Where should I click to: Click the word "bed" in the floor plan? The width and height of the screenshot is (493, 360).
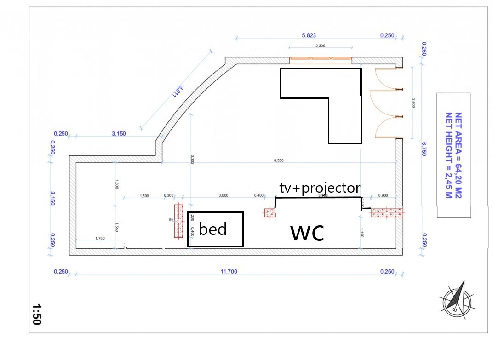pos(213,229)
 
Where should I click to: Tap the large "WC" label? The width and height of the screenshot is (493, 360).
pos(307,234)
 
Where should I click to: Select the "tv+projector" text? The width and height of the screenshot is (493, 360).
pos(320,188)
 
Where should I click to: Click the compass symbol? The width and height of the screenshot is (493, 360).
pos(457,302)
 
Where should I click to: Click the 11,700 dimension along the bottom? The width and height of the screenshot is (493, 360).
pos(229,272)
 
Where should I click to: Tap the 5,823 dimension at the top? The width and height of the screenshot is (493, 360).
pos(309,35)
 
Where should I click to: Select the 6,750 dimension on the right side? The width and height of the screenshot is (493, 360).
pos(424,149)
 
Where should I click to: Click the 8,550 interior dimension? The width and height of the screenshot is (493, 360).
pos(279,160)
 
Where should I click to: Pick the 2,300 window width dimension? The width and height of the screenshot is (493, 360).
pos(321,46)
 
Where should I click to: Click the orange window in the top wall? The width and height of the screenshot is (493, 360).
pos(320,58)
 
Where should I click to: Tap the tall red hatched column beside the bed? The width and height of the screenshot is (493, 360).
pos(178,221)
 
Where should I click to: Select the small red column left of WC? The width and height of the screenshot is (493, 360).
pos(269,212)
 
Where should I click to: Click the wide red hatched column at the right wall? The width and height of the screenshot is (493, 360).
pos(387,212)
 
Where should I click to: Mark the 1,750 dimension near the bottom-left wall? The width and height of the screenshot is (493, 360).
pos(100,238)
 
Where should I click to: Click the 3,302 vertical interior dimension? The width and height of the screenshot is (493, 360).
pos(192,159)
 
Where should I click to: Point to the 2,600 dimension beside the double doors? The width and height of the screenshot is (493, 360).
pos(413,103)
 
